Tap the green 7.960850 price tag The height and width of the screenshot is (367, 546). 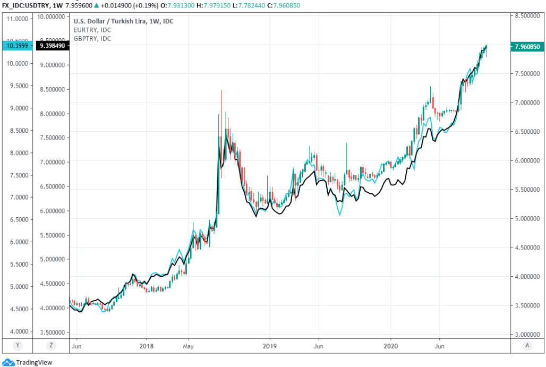527,47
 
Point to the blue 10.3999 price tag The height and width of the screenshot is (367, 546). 17,46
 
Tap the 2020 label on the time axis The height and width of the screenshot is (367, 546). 391,345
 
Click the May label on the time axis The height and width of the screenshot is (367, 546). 189,345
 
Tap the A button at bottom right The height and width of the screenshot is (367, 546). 527,345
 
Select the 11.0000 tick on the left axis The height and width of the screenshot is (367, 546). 18,19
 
